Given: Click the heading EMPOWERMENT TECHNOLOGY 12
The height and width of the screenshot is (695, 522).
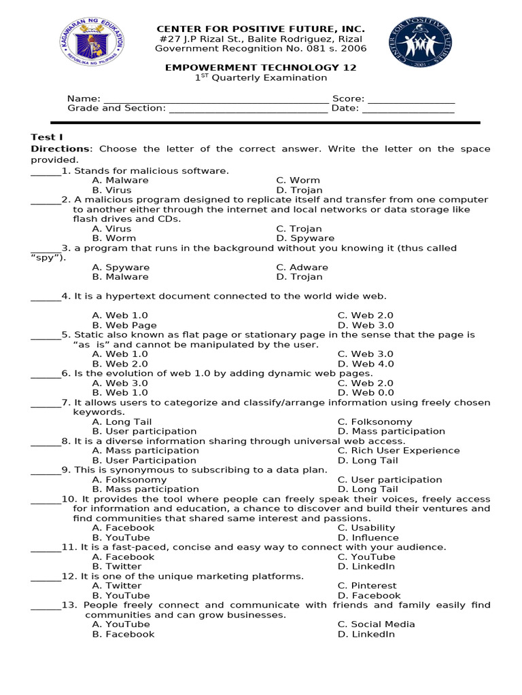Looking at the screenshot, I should (262, 68).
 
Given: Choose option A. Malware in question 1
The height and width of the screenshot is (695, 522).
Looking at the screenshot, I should (120, 181).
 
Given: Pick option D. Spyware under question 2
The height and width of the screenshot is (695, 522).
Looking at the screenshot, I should (305, 238).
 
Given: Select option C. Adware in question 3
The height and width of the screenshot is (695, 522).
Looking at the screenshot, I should (302, 267).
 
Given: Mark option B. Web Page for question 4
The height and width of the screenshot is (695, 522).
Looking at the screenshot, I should (124, 325).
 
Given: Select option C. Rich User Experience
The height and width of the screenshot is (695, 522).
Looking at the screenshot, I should (398, 451).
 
